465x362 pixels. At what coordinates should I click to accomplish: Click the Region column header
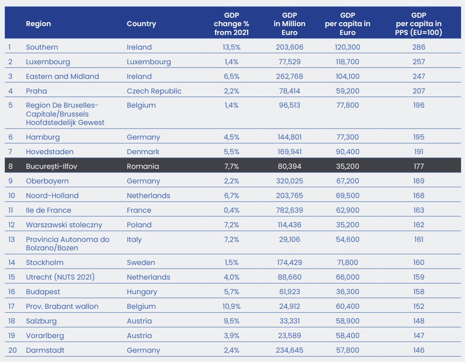click(38, 24)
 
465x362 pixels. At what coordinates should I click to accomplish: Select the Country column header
click(142, 24)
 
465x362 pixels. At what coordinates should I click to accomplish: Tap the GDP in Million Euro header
click(289, 24)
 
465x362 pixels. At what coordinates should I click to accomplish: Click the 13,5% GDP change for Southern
click(231, 47)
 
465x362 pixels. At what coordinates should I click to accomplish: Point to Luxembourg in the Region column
click(48, 62)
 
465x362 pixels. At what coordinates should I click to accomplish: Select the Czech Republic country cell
click(154, 91)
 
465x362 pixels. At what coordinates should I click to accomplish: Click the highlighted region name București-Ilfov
click(52, 166)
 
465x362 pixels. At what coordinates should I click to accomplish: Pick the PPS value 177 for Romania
click(419, 166)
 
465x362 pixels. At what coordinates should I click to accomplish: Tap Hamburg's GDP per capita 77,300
click(348, 137)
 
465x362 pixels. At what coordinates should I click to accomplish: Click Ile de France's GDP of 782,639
click(289, 210)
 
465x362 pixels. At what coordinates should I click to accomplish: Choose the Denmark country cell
click(143, 152)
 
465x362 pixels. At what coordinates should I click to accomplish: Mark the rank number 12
click(11, 225)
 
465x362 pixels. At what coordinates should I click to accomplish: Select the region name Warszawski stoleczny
click(64, 225)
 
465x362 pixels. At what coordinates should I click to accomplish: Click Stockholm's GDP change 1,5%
click(231, 262)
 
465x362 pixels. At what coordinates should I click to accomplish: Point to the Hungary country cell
click(142, 292)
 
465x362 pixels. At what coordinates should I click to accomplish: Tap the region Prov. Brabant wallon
click(62, 307)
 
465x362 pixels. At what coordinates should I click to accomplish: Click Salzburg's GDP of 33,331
click(289, 321)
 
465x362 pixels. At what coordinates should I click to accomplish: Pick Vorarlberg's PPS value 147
click(419, 335)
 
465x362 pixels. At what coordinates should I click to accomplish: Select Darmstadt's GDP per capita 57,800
click(348, 350)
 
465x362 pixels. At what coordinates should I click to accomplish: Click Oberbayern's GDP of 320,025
click(289, 181)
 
